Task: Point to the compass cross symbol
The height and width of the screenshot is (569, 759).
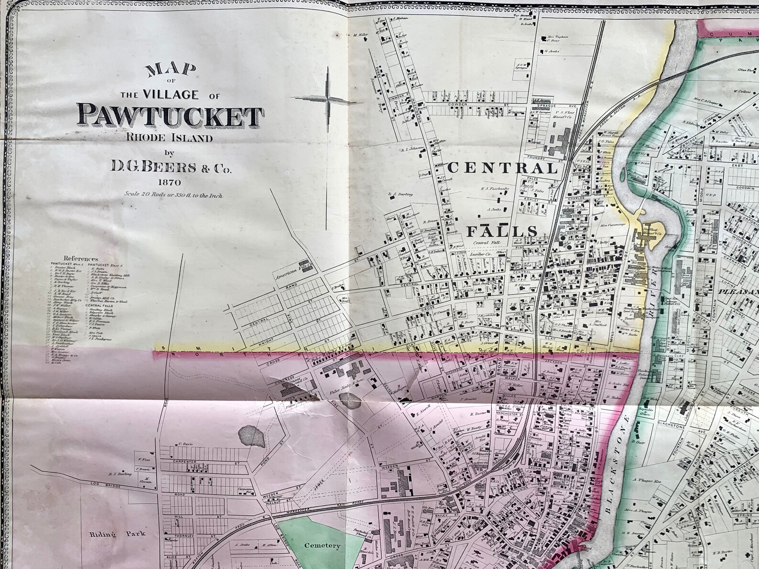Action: point(328,99)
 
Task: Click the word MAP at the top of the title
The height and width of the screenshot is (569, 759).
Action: point(171,71)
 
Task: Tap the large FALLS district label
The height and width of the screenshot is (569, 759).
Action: point(501,231)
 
